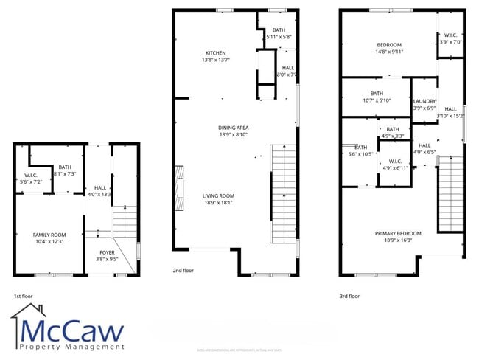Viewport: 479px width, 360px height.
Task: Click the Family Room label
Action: pyautogui.click(x=50, y=235)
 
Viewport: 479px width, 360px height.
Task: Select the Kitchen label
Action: pyautogui.click(x=215, y=52)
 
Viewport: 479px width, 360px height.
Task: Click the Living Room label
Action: pyautogui.click(x=218, y=195)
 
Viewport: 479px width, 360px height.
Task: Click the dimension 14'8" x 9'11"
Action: pyautogui.click(x=388, y=52)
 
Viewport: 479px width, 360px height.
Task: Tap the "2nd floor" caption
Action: pyautogui.click(x=183, y=271)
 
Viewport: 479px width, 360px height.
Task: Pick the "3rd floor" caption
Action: pyautogui.click(x=350, y=296)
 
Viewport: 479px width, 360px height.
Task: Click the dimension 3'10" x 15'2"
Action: pyautogui.click(x=450, y=115)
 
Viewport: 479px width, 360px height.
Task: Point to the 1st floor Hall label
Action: pyautogui.click(x=100, y=187)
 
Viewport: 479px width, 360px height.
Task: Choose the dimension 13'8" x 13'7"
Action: pyautogui.click(x=215, y=60)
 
